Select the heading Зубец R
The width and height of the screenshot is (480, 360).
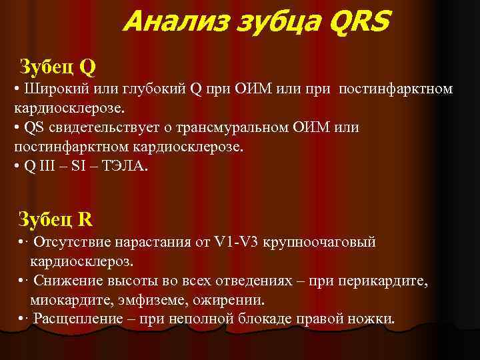(57, 218)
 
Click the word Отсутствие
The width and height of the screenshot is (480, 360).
(73, 241)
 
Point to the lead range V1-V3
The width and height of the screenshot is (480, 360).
(234, 241)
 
